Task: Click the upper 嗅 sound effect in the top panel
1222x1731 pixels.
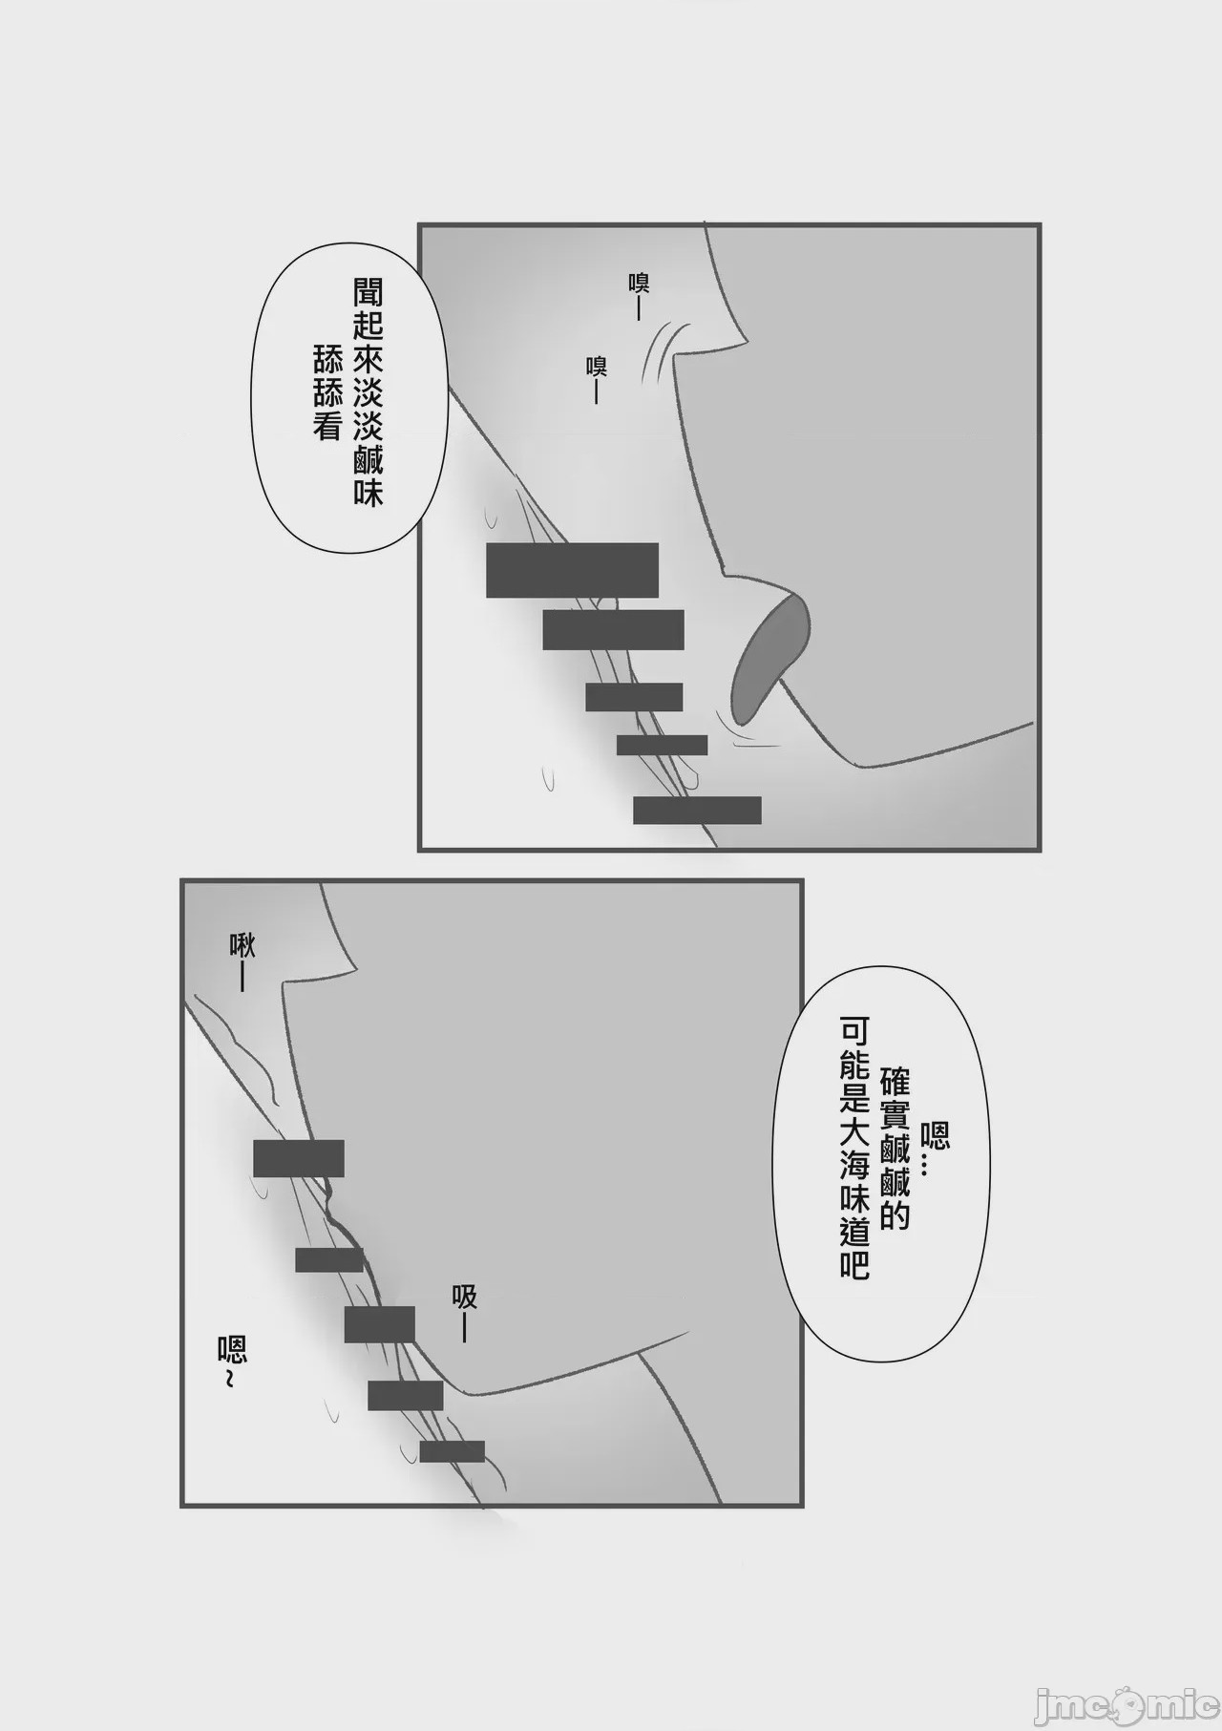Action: [639, 295]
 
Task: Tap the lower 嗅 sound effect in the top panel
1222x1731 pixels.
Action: [598, 378]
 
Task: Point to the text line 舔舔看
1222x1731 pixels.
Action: [327, 392]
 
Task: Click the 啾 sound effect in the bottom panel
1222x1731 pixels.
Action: [242, 961]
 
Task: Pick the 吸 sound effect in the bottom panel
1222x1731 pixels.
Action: [465, 1313]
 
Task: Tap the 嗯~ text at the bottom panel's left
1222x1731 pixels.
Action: [232, 1362]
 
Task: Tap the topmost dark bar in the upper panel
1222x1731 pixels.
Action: [572, 570]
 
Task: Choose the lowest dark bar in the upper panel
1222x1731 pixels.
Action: [697, 810]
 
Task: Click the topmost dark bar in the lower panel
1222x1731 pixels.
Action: [298, 1157]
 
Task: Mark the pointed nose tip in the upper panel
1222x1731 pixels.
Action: [750, 339]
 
